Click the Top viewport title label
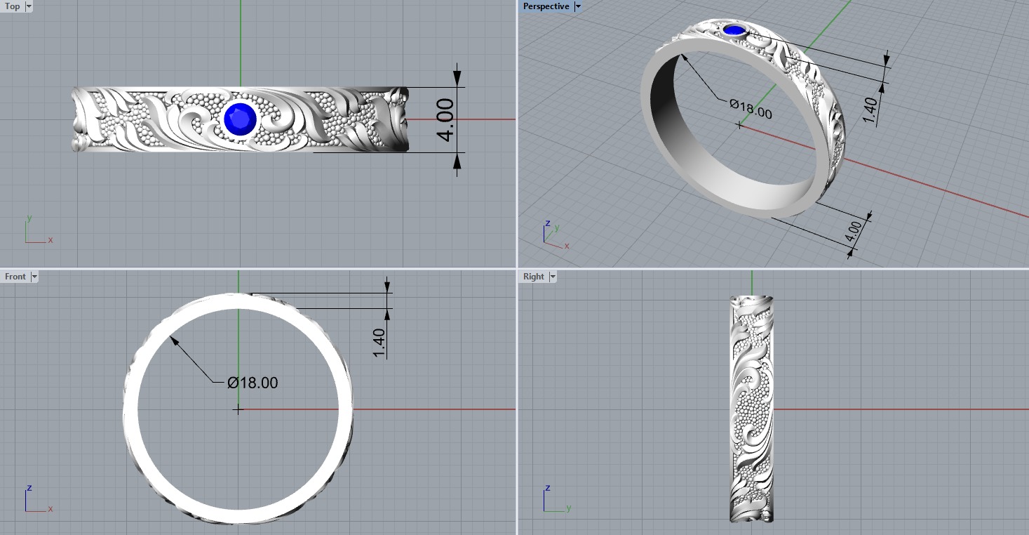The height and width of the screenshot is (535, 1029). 13,6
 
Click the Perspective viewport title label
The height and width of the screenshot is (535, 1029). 546,6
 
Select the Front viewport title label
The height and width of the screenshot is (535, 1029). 15,277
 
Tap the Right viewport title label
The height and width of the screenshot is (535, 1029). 533,277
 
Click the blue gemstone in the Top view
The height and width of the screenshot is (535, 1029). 240,119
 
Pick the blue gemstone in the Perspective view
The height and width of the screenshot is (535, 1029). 734,30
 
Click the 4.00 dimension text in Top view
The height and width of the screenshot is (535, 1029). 445,119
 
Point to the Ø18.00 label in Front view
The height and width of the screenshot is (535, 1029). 253,383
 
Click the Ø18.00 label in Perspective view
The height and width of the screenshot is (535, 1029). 751,110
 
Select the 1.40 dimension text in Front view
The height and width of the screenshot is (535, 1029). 379,343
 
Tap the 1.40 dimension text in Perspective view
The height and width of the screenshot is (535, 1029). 869,111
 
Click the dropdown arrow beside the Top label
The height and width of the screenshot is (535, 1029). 29,6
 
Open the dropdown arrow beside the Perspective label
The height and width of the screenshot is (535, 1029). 577,6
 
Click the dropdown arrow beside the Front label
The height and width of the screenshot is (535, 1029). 34,277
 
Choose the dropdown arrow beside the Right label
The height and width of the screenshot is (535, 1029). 552,277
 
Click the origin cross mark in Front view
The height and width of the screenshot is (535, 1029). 238,409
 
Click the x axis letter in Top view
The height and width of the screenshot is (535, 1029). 51,240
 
